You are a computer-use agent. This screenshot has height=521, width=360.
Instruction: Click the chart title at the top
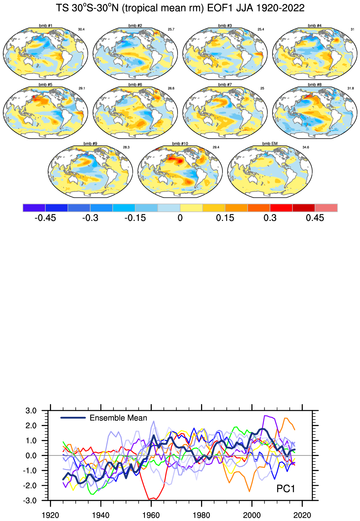tap(180, 8)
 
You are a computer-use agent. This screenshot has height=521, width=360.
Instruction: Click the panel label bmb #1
tap(45, 25)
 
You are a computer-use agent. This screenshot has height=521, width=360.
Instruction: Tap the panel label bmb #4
tap(315, 25)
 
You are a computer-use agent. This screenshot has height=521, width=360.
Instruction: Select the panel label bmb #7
tap(225, 85)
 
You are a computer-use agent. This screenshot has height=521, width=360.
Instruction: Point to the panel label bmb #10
tap(180, 143)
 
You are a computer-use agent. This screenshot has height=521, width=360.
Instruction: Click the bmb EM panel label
tap(270, 143)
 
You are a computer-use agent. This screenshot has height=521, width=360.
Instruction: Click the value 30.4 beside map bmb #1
tap(81, 29)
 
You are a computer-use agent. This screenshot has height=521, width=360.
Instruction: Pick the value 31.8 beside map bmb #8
tap(351, 88)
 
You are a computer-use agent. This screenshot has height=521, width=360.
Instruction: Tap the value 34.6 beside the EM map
tap(305, 147)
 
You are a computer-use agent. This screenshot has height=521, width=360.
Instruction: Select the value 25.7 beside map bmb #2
tap(171, 29)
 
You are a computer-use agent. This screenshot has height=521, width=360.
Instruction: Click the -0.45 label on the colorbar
tap(45, 218)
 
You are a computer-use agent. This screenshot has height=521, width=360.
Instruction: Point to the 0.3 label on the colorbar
tap(270, 218)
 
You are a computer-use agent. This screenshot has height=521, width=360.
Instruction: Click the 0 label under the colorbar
tap(180, 218)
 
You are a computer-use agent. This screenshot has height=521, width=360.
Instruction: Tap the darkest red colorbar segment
tap(304, 208)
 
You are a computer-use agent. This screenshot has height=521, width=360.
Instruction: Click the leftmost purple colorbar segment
tap(34, 208)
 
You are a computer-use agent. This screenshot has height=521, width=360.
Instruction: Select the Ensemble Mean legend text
tap(118, 418)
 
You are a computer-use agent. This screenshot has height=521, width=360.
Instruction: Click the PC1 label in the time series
tap(286, 489)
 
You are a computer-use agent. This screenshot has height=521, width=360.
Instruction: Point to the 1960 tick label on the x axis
tap(151, 515)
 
